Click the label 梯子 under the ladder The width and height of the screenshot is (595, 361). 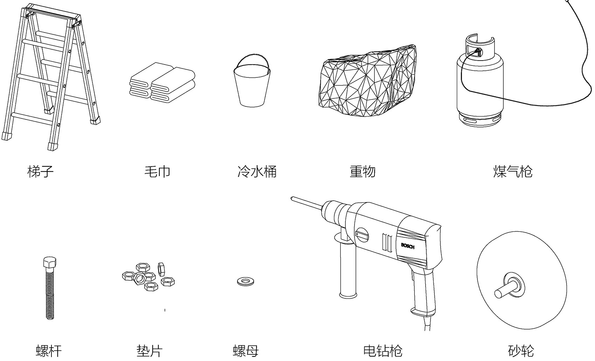[41, 172]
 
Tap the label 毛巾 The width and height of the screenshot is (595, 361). [157, 172]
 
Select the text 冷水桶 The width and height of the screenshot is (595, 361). [257, 172]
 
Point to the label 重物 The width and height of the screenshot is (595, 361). [363, 172]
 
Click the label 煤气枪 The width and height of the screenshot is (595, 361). [513, 172]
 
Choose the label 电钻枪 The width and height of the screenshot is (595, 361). [383, 350]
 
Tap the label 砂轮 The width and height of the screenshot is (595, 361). [521, 350]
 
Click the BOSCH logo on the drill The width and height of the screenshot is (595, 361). [408, 246]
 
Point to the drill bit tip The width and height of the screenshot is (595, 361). [292, 199]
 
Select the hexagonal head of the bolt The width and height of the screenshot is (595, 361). [50, 263]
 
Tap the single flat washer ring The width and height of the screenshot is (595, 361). [246, 281]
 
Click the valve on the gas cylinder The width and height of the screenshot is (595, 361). [477, 52]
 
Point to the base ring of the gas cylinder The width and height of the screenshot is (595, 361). [480, 121]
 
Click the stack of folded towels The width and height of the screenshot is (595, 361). [162, 83]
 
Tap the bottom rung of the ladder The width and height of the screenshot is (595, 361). [31, 118]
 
